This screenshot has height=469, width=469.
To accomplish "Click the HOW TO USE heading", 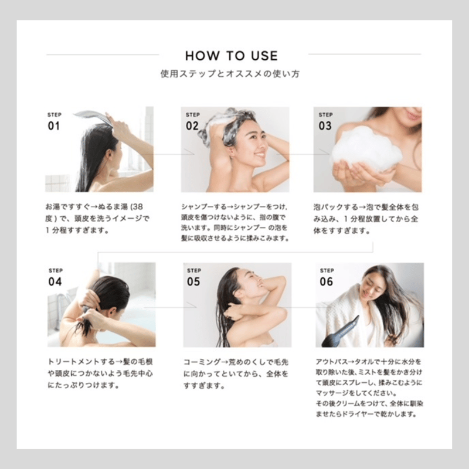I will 232,56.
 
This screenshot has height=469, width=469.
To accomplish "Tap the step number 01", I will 54,125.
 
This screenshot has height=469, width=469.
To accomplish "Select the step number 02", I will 192,125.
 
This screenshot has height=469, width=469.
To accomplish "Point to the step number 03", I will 325,125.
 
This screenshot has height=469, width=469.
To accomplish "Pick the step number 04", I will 55,281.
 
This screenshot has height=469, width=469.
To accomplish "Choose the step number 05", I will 193,281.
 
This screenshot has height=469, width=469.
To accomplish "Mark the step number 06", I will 326,281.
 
